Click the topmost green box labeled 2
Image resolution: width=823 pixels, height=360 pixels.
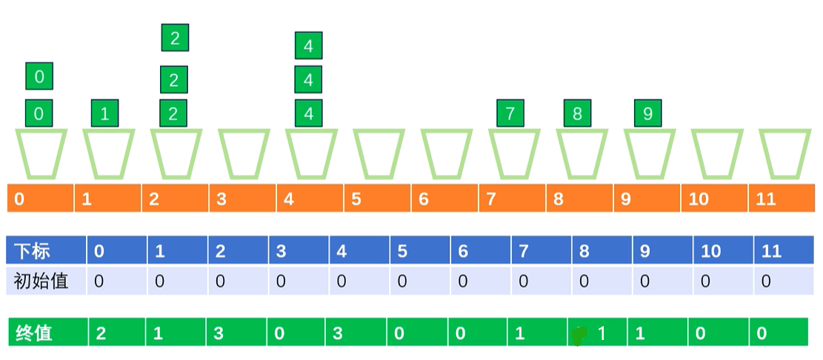click(175, 38)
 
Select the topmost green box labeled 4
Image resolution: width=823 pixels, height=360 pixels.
click(308, 46)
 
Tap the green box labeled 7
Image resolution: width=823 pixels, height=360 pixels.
click(510, 113)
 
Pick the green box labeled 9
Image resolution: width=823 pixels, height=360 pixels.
click(648, 113)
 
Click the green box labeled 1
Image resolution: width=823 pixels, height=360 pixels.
click(104, 113)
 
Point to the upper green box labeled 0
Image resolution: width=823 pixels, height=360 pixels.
click(39, 76)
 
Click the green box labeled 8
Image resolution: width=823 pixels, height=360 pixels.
click(577, 113)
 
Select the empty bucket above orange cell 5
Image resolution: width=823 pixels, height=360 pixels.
click(379, 154)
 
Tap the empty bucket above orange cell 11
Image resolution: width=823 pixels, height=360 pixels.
click(784, 154)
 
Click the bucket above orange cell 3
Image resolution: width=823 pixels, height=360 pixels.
click(243, 154)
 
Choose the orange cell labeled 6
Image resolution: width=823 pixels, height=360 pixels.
click(444, 199)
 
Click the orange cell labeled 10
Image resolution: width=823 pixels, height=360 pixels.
click(714, 199)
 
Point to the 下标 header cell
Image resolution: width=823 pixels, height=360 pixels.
click(46, 251)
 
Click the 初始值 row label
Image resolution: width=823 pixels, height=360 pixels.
click(46, 281)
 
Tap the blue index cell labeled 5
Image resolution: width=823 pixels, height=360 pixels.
click(420, 251)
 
